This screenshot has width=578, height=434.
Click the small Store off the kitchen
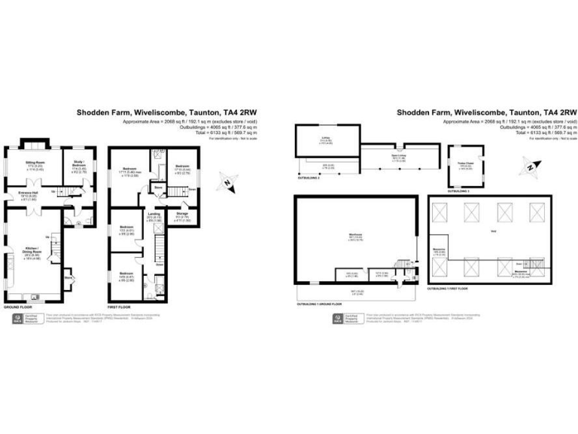(x=70, y=277)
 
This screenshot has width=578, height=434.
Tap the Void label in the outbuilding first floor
(x=492, y=231)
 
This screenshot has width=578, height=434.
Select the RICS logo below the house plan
(x=16, y=320)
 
